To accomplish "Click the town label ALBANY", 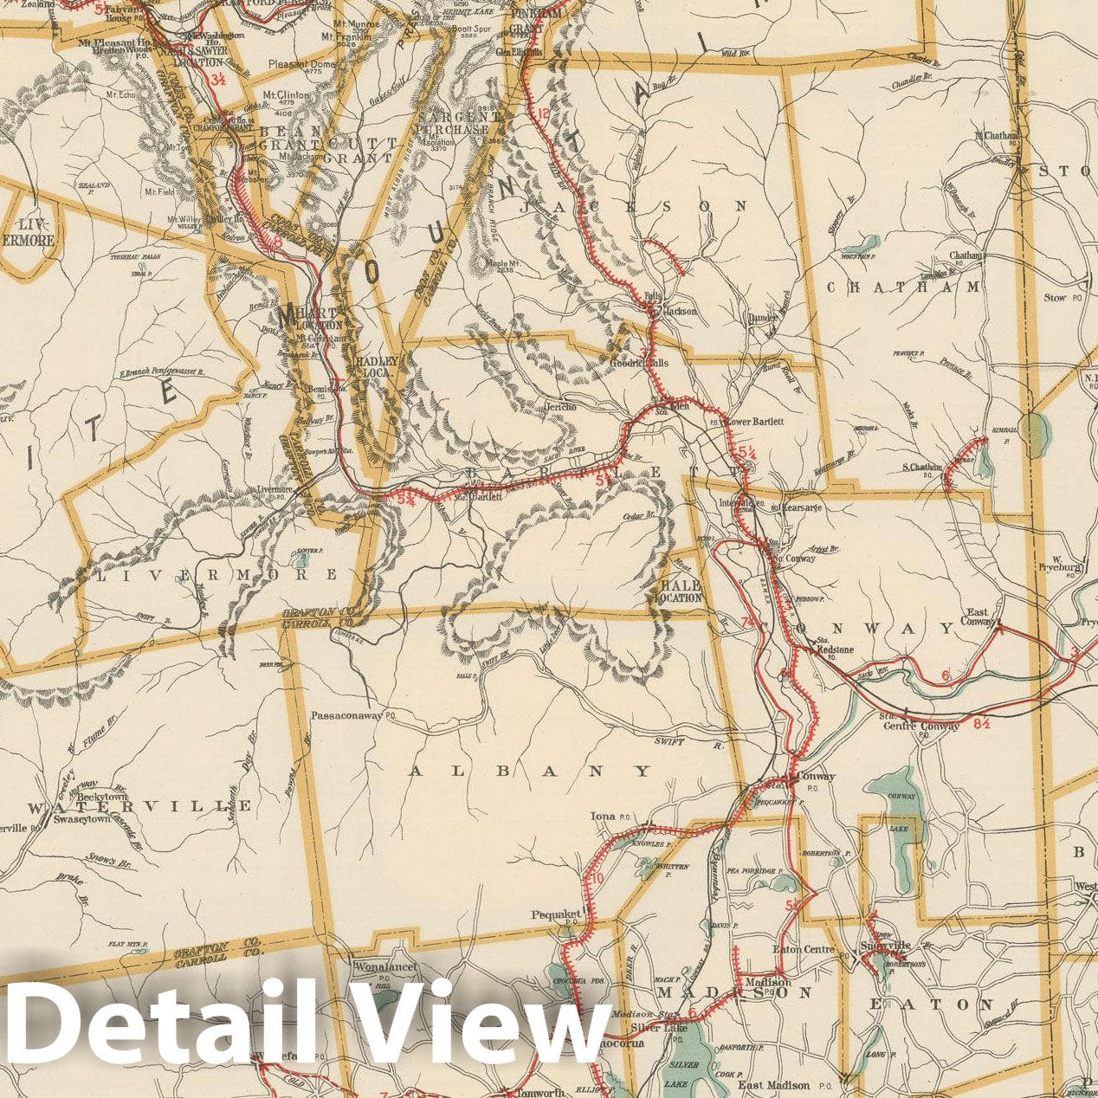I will pyautogui.click(x=529, y=771).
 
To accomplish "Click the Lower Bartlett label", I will pyautogui.click(x=756, y=422).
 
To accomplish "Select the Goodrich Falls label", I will pyautogui.click(x=639, y=364).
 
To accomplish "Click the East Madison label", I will pyautogui.click(x=773, y=1085).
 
